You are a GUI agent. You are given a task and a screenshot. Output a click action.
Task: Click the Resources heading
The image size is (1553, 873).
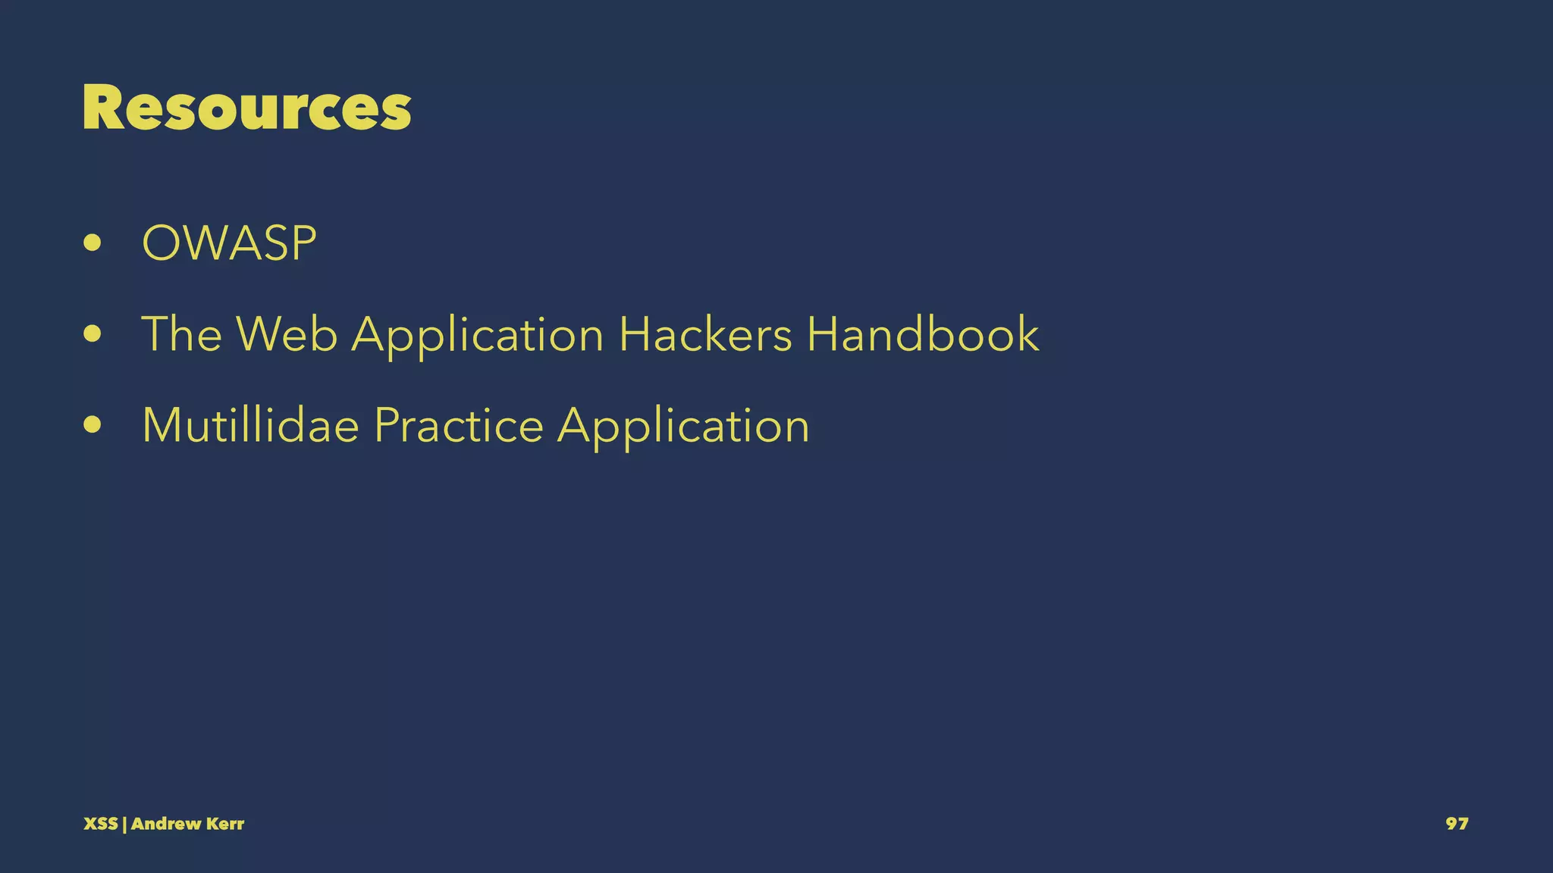coord(246,108)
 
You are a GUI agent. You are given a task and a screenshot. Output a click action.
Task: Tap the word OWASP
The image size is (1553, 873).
coord(229,243)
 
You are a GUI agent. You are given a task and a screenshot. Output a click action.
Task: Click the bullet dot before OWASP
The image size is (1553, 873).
coord(93,243)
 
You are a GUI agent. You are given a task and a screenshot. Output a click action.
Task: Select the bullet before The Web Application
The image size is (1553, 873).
coord(93,334)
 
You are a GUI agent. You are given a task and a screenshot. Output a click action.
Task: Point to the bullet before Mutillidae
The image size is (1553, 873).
coord(93,425)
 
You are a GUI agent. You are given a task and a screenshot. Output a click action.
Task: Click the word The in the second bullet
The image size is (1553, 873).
coord(182,334)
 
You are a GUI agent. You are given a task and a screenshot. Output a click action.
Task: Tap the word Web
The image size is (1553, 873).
coord(287,334)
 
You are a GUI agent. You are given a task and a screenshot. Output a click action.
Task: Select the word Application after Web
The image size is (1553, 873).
coord(478,336)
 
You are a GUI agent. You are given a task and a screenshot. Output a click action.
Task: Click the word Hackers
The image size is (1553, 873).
coord(705,334)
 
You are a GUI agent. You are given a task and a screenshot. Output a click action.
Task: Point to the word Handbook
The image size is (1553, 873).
coord(923,334)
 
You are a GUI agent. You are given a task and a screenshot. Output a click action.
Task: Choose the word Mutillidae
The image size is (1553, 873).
coord(250,425)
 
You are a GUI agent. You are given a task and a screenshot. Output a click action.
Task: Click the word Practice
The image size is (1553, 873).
coord(459,425)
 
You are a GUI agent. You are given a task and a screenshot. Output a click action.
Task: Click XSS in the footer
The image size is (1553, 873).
coord(100,824)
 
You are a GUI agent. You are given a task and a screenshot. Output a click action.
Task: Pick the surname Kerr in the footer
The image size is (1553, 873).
coord(224,824)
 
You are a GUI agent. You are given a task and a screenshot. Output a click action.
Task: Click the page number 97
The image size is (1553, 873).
coord(1457,824)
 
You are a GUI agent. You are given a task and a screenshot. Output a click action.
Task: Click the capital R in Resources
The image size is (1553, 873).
coord(103,108)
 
